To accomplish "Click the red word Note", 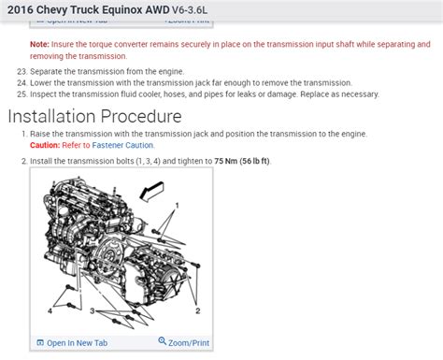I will pyautogui.click(x=39, y=44).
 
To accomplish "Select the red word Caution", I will pyautogui.click(x=45, y=146).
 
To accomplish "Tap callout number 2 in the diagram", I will pyautogui.click(x=198, y=310).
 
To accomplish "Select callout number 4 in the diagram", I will pyautogui.click(x=50, y=310).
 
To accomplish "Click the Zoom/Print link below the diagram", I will pyautogui.click(x=190, y=343).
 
